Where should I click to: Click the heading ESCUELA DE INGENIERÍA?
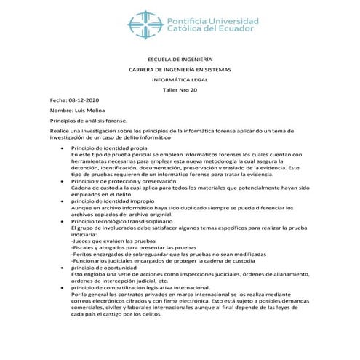(x=180, y=60)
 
